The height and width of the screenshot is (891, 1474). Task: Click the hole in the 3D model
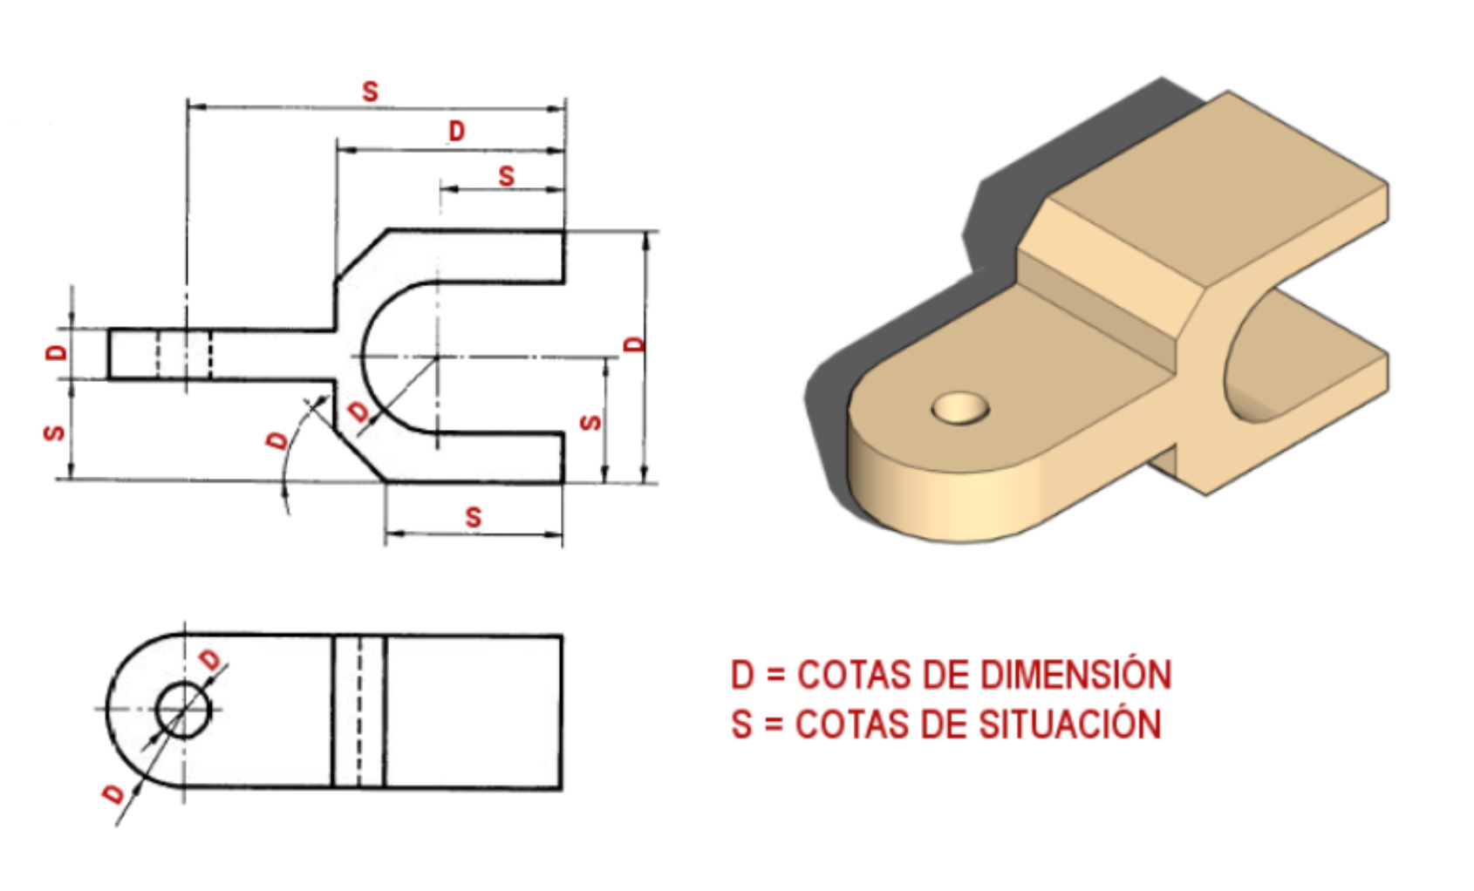[960, 407]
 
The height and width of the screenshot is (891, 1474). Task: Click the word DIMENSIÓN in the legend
[1075, 676]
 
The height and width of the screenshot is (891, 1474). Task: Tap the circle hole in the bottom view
[183, 709]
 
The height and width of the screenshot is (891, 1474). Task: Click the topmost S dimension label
[370, 92]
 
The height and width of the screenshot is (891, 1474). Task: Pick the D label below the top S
[456, 132]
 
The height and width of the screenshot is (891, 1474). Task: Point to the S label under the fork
[473, 517]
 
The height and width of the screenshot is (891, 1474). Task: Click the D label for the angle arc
[277, 441]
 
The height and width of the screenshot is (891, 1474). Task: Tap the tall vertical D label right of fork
[635, 343]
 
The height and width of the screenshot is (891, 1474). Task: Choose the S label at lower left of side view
[54, 432]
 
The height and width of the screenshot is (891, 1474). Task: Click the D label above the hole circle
[211, 660]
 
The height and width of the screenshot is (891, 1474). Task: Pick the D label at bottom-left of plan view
[114, 793]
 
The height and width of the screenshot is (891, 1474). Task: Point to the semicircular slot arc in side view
[365, 357]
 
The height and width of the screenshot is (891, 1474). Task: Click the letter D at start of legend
[742, 676]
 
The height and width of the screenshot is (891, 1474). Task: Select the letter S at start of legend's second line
[741, 725]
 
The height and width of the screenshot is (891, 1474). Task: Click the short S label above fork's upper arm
[506, 177]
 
